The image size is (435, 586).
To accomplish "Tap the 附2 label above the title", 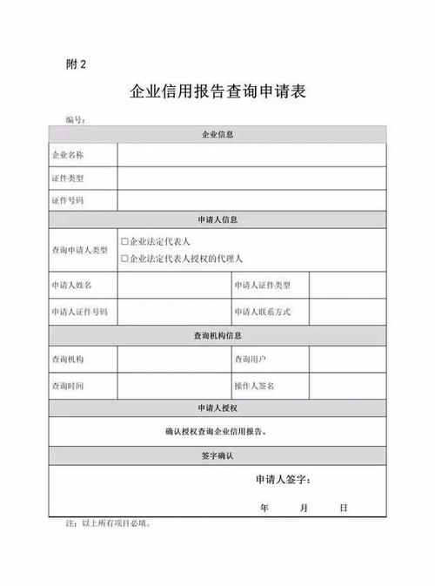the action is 77,64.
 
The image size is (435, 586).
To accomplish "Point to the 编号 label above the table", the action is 74,119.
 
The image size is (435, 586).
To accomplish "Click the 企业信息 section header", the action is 217,134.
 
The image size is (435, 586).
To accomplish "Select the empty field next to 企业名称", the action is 251,155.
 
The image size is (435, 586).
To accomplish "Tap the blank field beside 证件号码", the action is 251,201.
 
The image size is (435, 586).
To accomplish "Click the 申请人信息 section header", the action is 217,219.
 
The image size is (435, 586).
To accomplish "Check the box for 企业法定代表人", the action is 124,240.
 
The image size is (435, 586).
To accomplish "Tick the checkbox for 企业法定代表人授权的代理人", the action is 124,259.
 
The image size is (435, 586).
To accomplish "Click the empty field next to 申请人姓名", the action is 173,286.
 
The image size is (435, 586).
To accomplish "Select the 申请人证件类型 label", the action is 262,286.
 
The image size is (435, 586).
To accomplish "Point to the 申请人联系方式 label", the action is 262,312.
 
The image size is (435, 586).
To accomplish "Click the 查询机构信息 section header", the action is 217,335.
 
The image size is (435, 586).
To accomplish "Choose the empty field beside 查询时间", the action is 173,385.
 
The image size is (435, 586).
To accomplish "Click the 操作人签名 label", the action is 254,385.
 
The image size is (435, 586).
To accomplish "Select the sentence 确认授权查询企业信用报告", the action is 217,431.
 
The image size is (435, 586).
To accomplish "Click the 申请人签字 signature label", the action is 284,480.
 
